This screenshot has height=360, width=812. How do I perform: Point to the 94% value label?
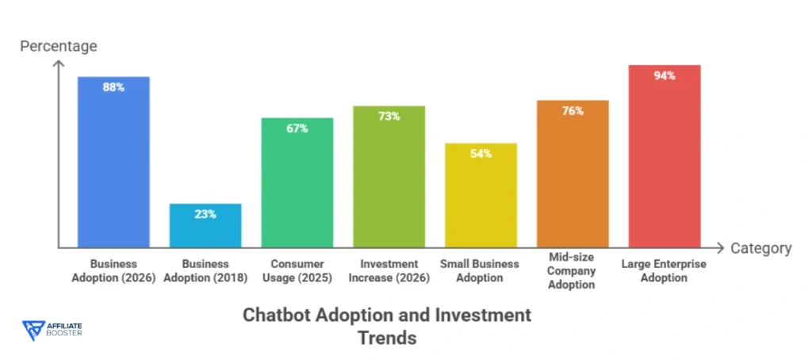pos(665,76)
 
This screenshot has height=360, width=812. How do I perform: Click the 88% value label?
pos(113,87)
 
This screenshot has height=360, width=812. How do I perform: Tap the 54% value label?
pos(481,154)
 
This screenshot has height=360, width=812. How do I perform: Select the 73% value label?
pos(389,117)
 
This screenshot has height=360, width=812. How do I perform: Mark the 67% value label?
pos(297,128)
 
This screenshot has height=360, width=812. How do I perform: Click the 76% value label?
pos(573,111)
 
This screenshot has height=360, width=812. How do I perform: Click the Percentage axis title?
pos(59,46)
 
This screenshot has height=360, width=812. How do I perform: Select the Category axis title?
pos(760,248)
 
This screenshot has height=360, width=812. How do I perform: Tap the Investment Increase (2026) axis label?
pos(389,270)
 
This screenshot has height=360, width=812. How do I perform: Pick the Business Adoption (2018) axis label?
pos(205,270)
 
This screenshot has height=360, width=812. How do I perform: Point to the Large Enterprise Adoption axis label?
pos(665,270)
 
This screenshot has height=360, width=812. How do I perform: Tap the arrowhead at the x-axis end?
pos(718,247)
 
